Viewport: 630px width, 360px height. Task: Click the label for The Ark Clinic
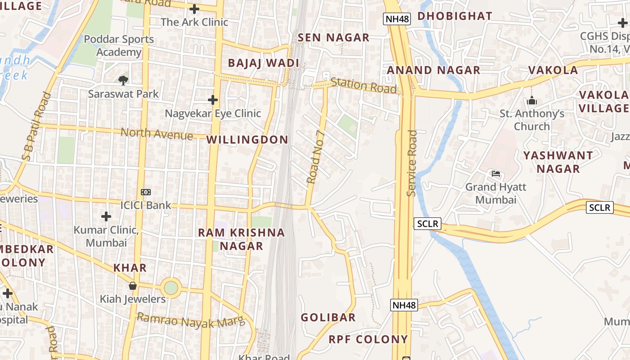pos(194,22)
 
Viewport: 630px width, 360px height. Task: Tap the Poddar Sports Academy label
pos(119,46)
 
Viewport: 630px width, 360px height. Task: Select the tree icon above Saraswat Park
pos(123,81)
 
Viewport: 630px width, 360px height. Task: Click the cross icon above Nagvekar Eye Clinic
pos(213,99)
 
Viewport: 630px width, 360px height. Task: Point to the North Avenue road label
pos(157,133)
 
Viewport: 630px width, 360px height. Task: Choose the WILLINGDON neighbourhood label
pos(247,140)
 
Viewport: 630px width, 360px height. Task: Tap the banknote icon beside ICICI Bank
pos(146,192)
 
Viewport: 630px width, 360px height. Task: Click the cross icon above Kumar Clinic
pos(106,217)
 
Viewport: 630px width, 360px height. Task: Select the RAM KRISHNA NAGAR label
pos(242,239)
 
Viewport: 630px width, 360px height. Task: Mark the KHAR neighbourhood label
pos(130,268)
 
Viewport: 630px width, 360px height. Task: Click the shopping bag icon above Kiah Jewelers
pos(133,286)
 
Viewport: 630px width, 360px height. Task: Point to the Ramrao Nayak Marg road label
pos(191,321)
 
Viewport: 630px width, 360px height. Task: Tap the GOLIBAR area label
pos(328,318)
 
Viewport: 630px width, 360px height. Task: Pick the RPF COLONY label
pos(368,340)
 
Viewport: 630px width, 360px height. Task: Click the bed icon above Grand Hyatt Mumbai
pos(496,174)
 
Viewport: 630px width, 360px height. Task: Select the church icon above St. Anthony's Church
pos(532,101)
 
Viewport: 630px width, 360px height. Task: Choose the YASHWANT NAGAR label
pos(558,162)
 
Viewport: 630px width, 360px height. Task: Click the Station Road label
pos(364,85)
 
